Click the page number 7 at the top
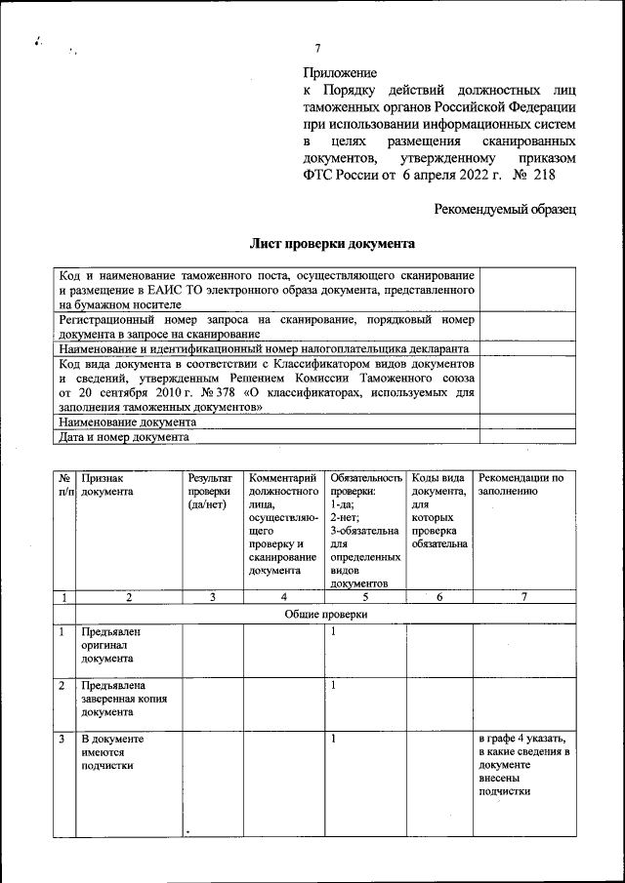[x=317, y=50]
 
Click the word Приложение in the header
[x=339, y=71]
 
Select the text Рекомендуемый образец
[x=505, y=208]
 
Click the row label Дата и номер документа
[x=123, y=438]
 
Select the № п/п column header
[x=64, y=485]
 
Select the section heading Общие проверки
[x=326, y=615]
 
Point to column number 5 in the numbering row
[x=363, y=597]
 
